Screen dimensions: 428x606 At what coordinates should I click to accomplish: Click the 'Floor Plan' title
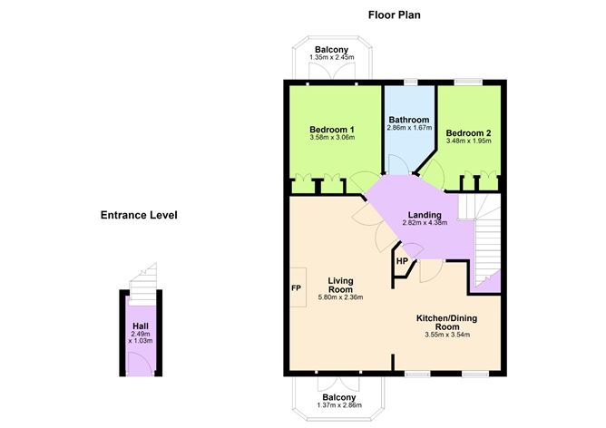[394, 15]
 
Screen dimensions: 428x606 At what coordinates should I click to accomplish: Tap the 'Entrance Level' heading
[139, 216]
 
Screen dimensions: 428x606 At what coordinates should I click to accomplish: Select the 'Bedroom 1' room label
[331, 129]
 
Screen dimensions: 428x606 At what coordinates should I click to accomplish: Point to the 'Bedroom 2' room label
[468, 131]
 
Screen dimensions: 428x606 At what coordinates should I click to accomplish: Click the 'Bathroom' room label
[408, 120]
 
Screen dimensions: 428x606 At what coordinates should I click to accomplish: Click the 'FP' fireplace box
[296, 289]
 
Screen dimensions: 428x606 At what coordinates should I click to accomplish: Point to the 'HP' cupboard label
[401, 264]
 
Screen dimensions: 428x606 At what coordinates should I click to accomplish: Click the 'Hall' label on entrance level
[140, 326]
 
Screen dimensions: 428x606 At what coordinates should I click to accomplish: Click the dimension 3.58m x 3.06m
[331, 138]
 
